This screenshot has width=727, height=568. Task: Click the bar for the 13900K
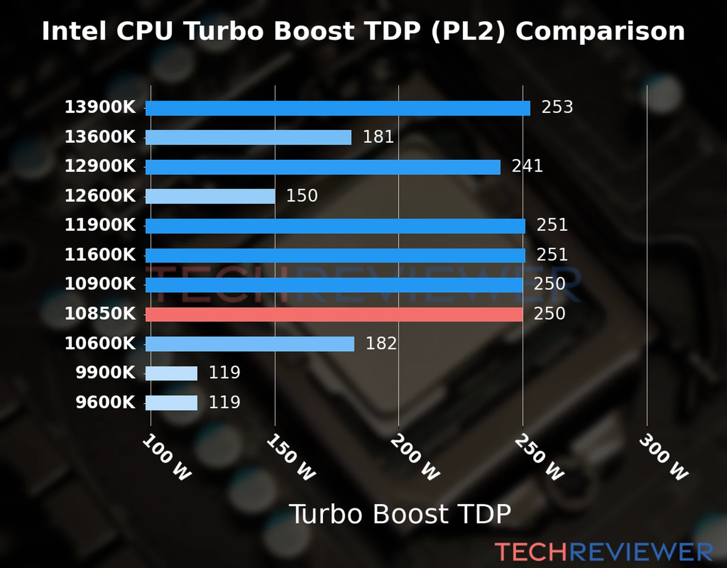337,108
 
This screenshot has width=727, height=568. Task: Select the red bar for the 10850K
334,314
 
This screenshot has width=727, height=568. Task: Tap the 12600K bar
210,196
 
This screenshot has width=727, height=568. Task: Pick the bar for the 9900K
171,373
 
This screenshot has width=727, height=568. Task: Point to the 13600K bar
248,138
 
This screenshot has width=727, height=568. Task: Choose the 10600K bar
249,344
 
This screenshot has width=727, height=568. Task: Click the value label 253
557,107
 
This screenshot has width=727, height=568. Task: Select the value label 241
527,166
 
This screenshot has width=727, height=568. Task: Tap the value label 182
381,344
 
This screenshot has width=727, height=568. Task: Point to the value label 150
301,196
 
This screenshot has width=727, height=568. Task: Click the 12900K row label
100,166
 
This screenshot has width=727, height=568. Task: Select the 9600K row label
105,402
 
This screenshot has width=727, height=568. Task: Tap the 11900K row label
100,225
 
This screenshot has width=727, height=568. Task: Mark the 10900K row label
100,284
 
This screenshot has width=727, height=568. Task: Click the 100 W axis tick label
167,458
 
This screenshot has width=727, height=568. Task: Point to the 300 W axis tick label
663,458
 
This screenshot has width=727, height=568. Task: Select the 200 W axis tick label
415,458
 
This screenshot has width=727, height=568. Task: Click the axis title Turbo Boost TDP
400,514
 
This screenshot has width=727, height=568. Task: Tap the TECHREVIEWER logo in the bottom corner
603,552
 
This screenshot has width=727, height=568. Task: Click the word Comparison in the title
600,32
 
